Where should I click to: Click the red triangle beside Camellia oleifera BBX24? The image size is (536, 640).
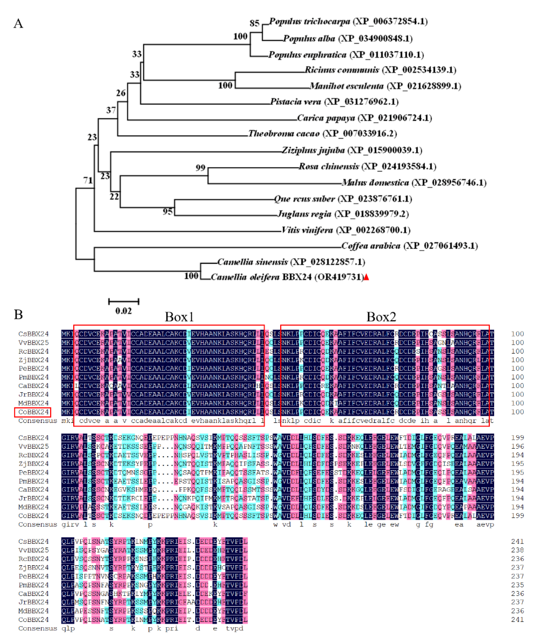(366, 277)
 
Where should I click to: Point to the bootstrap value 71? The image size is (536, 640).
(88, 180)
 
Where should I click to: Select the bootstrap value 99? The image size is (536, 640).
(200, 168)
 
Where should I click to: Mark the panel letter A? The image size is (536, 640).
(18, 23)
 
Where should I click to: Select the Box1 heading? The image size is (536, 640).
(179, 317)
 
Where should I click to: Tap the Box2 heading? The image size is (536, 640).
(381, 317)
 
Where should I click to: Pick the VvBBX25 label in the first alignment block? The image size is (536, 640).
(33, 343)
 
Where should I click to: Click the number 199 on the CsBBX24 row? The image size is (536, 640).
(517, 438)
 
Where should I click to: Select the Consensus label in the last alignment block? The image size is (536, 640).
(38, 628)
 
